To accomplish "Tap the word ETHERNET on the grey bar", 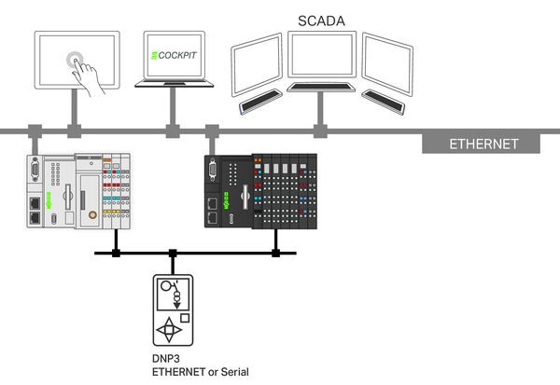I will pos(483,144).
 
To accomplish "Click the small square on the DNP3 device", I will pos(185,317).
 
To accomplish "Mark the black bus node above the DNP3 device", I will pos(173,252).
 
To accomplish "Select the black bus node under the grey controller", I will pos(116,252).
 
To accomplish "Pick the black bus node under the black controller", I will pos(275,252).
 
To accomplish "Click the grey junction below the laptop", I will pos(172,130).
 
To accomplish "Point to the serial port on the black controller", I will pos(214,173).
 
